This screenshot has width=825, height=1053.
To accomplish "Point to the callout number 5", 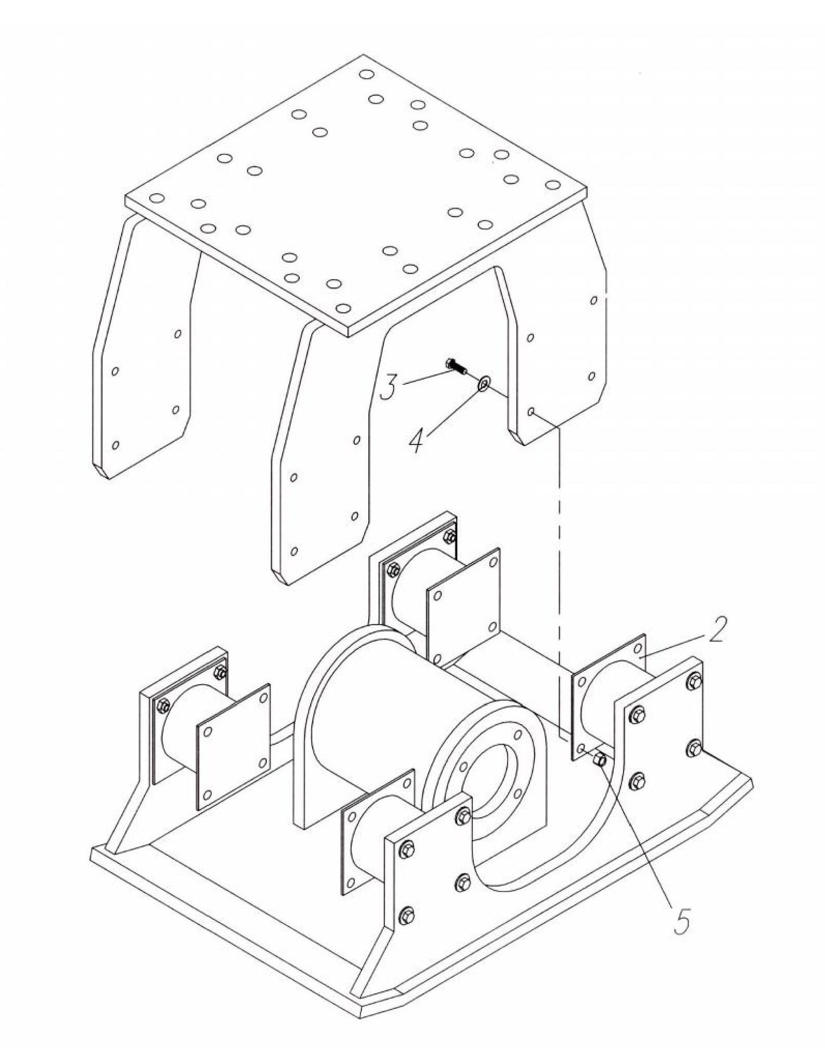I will [682, 918].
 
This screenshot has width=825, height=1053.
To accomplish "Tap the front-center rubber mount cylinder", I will [371, 851].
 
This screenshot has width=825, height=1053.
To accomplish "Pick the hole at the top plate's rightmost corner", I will [552, 184].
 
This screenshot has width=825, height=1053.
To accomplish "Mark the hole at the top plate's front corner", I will [343, 308].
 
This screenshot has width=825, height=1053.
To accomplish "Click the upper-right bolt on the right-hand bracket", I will [695, 681].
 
